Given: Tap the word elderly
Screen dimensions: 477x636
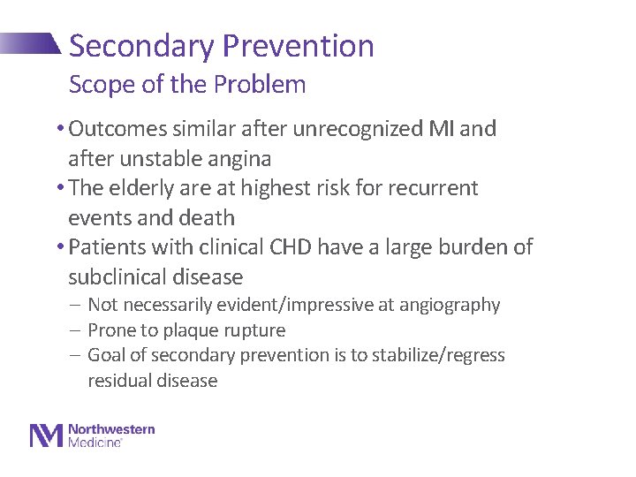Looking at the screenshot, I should pos(143,188).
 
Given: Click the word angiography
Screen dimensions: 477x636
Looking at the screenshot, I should pos(451,306).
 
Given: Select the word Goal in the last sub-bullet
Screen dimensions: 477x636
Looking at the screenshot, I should pos(107,356).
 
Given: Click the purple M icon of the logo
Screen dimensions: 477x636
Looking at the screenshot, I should pos(46,435).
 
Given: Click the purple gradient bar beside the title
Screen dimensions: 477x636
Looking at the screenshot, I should pos(31,44).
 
